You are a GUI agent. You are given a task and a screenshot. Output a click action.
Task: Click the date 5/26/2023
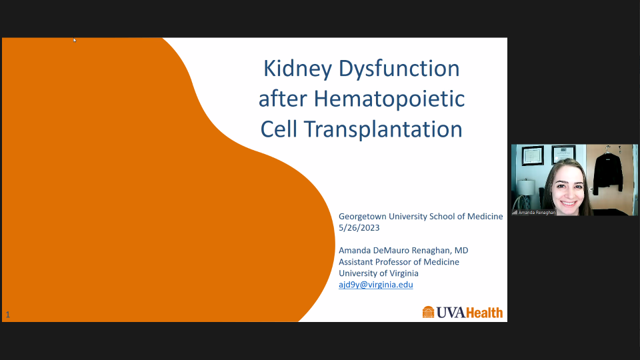361,227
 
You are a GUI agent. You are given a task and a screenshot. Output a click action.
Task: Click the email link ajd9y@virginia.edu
376,285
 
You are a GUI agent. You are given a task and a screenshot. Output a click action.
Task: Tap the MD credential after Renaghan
461,250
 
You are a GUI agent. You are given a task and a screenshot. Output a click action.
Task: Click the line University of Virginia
379,273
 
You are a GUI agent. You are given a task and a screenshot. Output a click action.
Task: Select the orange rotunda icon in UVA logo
429,312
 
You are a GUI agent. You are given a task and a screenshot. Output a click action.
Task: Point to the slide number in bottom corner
7,315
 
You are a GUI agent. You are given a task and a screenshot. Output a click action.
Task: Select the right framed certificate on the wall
563,154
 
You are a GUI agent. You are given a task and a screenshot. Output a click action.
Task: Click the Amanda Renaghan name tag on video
537,212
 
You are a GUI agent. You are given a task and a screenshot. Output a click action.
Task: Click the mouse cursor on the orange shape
74,40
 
